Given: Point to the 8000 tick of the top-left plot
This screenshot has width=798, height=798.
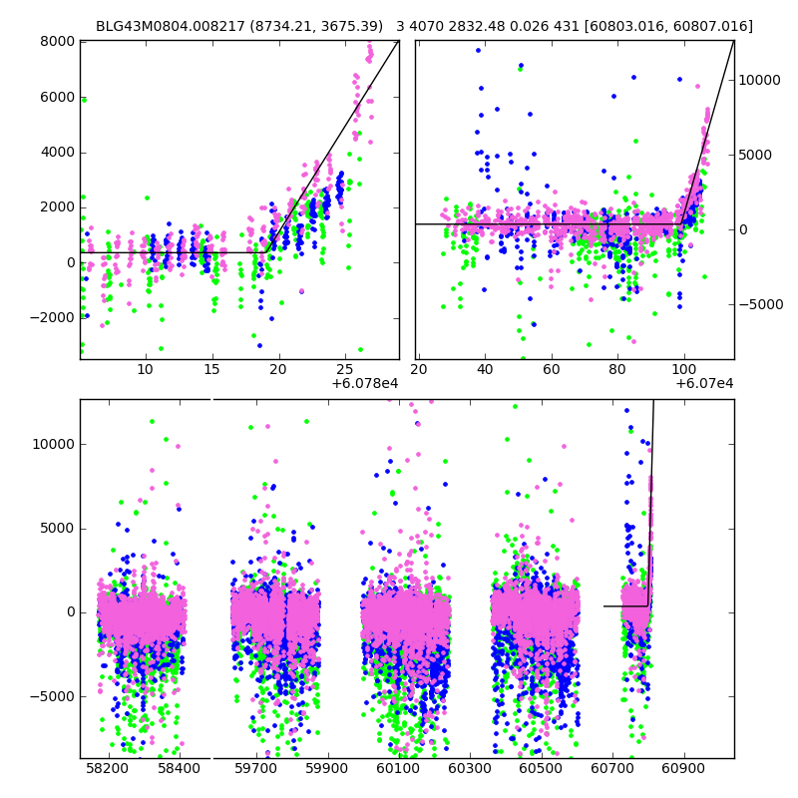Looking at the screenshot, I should click(x=58, y=41).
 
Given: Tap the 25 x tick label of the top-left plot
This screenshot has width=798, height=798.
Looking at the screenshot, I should click(x=344, y=370).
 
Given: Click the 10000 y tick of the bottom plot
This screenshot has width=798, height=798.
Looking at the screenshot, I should click(x=51, y=443).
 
